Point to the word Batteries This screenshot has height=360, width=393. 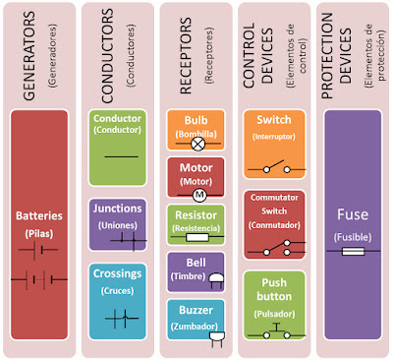(39, 215)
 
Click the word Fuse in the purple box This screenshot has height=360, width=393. (352, 215)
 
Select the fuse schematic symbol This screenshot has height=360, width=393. (352, 253)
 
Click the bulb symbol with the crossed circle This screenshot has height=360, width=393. (196, 143)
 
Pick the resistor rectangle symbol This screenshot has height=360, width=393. (196, 237)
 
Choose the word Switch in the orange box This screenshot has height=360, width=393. (272, 120)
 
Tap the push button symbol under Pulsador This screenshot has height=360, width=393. (272, 331)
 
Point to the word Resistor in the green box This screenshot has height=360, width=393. (196, 213)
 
